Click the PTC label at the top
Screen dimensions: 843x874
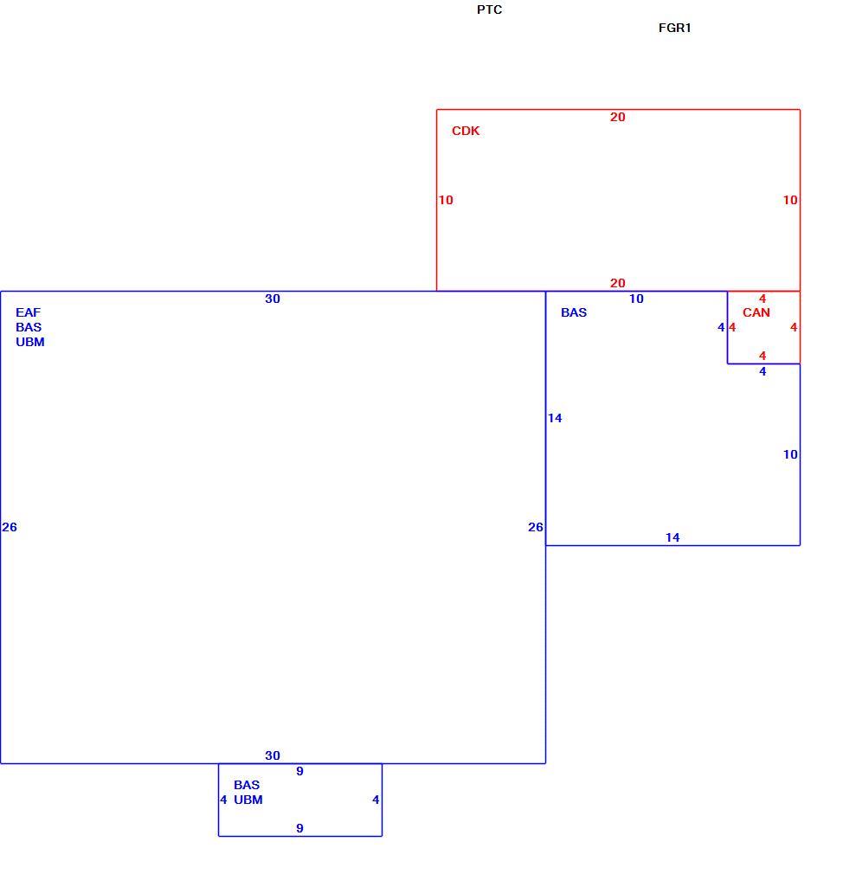pyautogui.click(x=489, y=10)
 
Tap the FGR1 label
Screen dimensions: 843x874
pyautogui.click(x=674, y=28)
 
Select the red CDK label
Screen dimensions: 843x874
pyautogui.click(x=466, y=131)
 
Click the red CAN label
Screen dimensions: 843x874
pyautogui.click(x=756, y=312)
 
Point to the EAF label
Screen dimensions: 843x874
pyautogui.click(x=28, y=312)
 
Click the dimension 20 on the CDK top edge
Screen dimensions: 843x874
pyautogui.click(x=617, y=117)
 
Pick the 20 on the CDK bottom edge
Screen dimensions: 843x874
pyautogui.click(x=617, y=283)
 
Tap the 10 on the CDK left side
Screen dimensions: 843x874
pyautogui.click(x=446, y=200)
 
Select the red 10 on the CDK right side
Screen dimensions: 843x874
pyautogui.click(x=790, y=200)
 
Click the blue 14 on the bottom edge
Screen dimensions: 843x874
pyautogui.click(x=672, y=537)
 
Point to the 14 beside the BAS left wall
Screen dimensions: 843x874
pyautogui.click(x=555, y=418)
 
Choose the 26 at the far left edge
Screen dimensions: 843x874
pyautogui.click(x=10, y=527)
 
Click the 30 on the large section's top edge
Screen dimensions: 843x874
pyautogui.click(x=272, y=299)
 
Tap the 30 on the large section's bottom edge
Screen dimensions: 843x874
pyautogui.click(x=272, y=755)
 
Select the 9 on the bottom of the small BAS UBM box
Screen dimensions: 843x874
pyautogui.click(x=300, y=828)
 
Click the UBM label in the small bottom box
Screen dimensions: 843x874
pyautogui.click(x=248, y=800)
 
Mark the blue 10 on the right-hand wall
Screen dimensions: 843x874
pyautogui.click(x=790, y=454)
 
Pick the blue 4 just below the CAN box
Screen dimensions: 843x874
pyautogui.click(x=763, y=371)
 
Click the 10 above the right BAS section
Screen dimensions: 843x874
pyautogui.click(x=636, y=299)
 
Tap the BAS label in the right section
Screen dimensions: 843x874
pyautogui.click(x=574, y=312)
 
